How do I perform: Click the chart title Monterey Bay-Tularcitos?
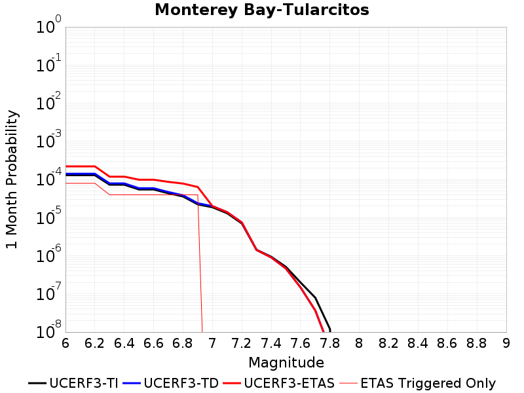click(x=261, y=10)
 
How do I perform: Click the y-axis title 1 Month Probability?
click(x=12, y=179)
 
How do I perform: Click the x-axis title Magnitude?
click(x=286, y=363)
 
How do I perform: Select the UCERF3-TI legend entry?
click(x=73, y=383)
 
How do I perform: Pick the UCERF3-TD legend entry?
click(x=171, y=383)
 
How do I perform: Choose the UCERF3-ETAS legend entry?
click(x=279, y=383)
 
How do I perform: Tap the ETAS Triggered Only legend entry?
click(x=417, y=383)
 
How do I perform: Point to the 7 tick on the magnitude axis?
click(x=212, y=343)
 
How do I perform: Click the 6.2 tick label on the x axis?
click(x=94, y=343)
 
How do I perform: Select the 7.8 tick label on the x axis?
click(x=330, y=343)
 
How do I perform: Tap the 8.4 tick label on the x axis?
click(x=418, y=343)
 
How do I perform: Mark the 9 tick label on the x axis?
click(x=506, y=343)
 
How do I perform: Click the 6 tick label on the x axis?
click(x=65, y=343)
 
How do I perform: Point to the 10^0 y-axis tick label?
click(x=48, y=25)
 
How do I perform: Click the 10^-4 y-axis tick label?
click(x=48, y=178)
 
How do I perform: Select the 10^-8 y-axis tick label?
click(x=48, y=330)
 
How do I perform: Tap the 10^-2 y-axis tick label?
click(x=48, y=102)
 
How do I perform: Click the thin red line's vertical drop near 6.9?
click(x=200, y=264)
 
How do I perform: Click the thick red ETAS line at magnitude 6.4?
click(x=124, y=176)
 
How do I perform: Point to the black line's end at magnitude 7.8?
click(x=330, y=331)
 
